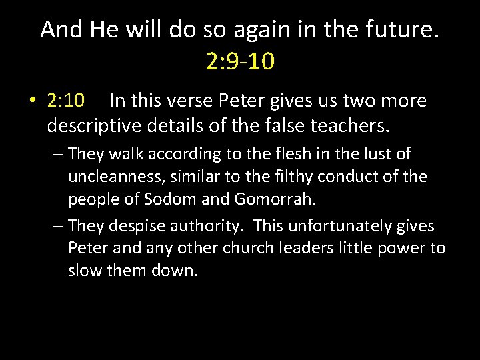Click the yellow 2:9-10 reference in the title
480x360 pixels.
pyautogui.click(x=240, y=61)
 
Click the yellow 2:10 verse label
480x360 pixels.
pyautogui.click(x=66, y=101)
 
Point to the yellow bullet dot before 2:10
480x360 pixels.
pyautogui.click(x=32, y=101)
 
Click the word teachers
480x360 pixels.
pyautogui.click(x=352, y=125)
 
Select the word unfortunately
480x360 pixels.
pyautogui.click(x=342, y=226)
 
